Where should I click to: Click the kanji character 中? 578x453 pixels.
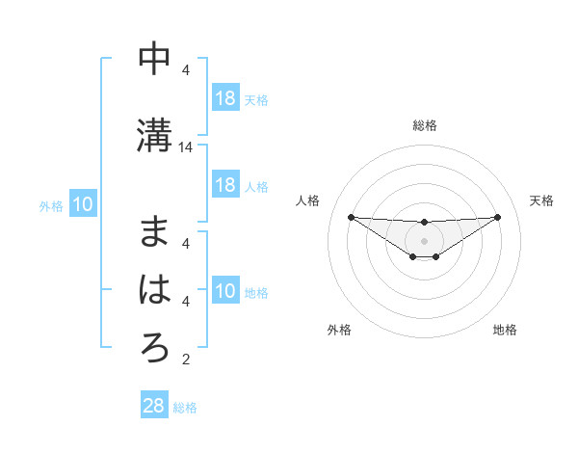point(154,59)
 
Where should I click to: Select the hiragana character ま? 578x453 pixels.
point(154,232)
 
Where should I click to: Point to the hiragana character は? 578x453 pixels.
point(154,289)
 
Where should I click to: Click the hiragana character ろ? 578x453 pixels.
point(154,348)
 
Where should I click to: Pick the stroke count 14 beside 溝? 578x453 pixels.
point(186,147)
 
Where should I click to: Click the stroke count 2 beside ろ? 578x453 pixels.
point(186,360)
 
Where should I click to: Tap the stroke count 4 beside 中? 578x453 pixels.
point(186,70)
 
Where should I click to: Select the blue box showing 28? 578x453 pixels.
point(154,407)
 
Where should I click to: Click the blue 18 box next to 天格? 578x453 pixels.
point(224,98)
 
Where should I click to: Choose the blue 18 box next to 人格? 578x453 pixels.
point(224,185)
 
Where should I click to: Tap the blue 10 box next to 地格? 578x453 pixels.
point(224,292)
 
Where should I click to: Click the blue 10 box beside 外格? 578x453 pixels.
point(83,204)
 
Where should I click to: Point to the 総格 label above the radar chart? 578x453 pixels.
point(424,125)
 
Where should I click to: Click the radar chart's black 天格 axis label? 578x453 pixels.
point(541,200)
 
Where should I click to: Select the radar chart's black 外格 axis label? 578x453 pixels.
point(339,330)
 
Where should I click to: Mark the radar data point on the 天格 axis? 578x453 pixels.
point(497,217)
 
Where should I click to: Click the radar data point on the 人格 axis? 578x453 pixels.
point(351,217)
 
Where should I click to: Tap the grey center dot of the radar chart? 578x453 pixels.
point(424,240)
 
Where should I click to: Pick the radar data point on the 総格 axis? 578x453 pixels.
point(424,223)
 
